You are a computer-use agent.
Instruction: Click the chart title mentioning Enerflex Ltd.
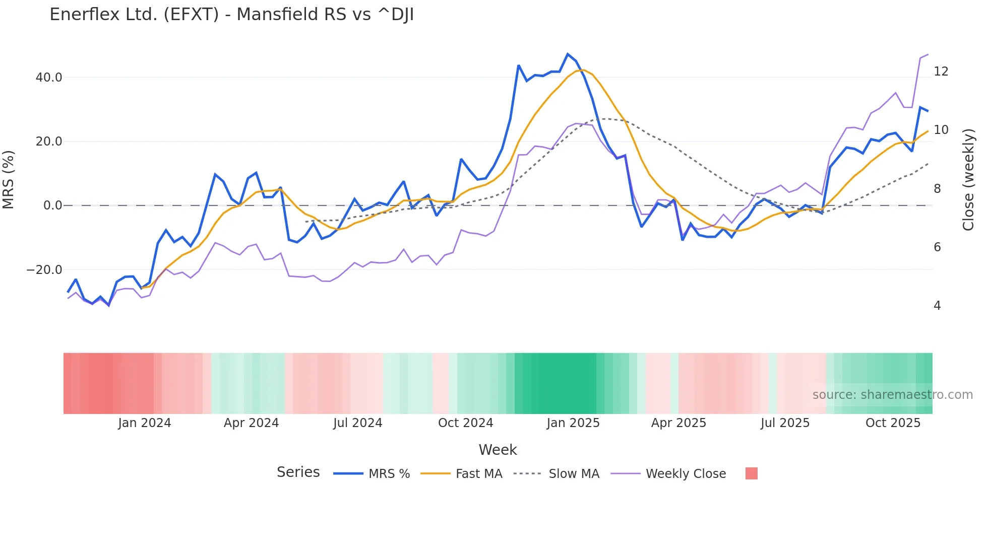click(x=231, y=15)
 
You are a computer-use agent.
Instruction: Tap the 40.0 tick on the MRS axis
click(x=49, y=78)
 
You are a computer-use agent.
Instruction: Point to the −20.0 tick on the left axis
click(x=44, y=270)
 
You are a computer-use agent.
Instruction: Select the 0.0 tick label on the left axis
click(x=53, y=205)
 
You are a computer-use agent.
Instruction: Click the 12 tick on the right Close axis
click(x=941, y=72)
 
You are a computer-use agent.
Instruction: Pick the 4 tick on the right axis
click(x=937, y=306)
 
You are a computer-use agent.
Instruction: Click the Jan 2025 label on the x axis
click(x=573, y=423)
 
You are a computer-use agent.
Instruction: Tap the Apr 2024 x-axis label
click(x=251, y=423)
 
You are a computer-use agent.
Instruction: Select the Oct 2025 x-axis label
click(x=893, y=423)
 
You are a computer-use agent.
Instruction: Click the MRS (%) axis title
click(x=9, y=180)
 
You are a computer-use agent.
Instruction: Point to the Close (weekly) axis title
click(x=968, y=180)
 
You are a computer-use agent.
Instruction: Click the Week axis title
click(x=498, y=450)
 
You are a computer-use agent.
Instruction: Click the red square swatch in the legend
click(x=751, y=473)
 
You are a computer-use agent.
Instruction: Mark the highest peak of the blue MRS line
click(x=568, y=54)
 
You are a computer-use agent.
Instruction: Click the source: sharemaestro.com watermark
click(x=892, y=395)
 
